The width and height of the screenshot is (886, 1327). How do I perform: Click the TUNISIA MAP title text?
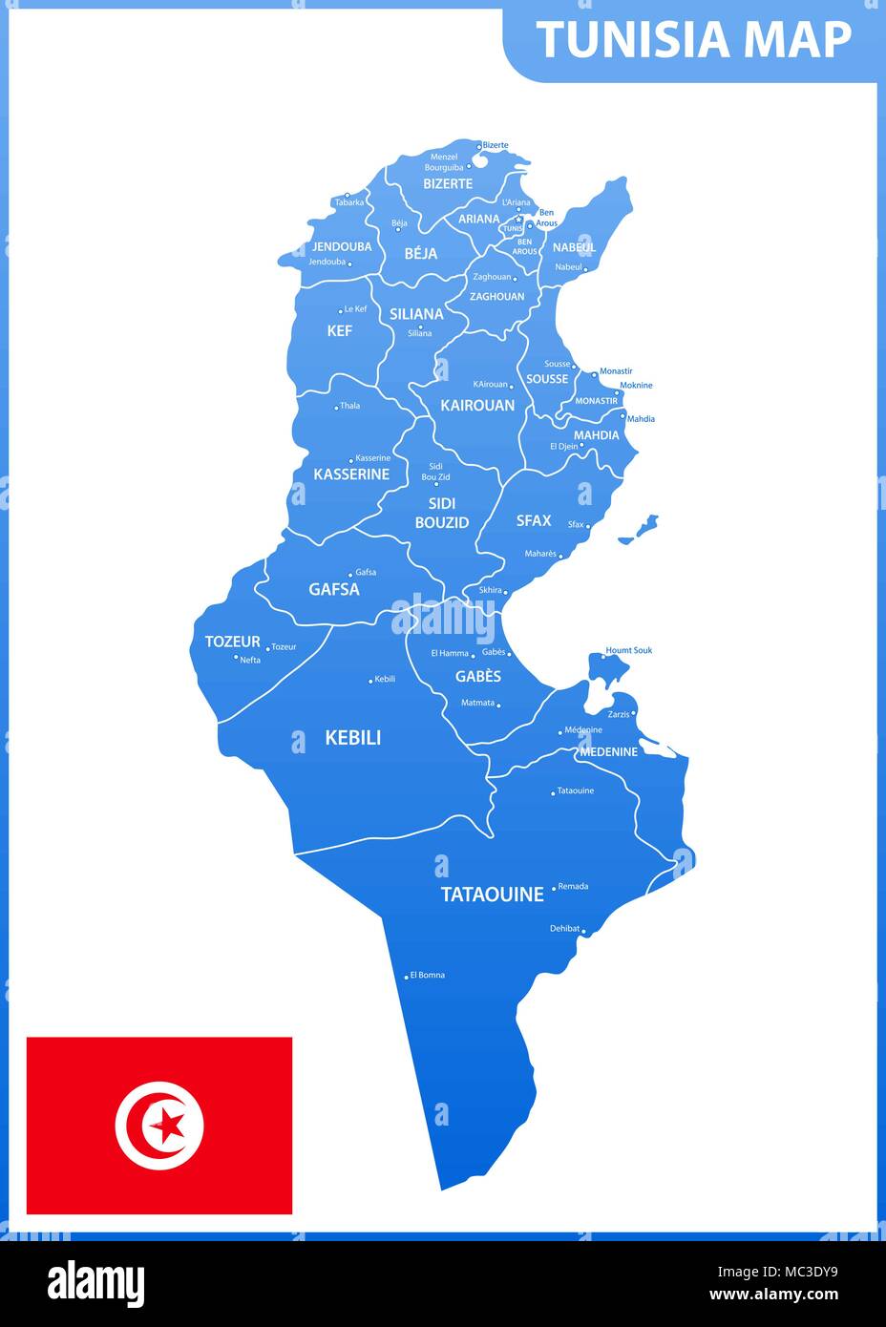(x=693, y=40)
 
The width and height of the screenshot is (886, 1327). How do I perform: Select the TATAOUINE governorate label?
(x=492, y=895)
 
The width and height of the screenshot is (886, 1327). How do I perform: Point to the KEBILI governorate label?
(x=352, y=737)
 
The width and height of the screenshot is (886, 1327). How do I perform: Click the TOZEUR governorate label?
(x=232, y=642)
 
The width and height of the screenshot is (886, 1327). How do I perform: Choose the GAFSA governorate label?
(x=334, y=589)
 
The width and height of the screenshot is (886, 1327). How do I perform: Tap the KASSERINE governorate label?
(x=351, y=474)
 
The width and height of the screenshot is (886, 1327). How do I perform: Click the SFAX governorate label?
(x=534, y=520)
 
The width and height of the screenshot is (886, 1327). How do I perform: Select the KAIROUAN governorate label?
(x=477, y=406)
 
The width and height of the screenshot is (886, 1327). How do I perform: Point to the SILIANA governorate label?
(x=416, y=314)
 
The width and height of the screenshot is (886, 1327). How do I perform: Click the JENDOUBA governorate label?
(x=342, y=246)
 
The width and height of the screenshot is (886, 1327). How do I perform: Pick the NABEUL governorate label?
(x=574, y=247)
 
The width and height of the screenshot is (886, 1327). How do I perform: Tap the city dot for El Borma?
(x=407, y=977)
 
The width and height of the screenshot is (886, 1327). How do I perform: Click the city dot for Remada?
(x=553, y=888)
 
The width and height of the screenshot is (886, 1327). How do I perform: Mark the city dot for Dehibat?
(x=583, y=930)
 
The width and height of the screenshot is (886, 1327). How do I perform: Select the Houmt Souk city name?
(x=629, y=650)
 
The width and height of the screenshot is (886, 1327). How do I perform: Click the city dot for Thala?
(x=336, y=408)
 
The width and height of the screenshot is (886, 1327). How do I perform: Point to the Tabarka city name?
(x=348, y=202)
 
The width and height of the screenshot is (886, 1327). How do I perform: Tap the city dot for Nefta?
(x=236, y=657)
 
